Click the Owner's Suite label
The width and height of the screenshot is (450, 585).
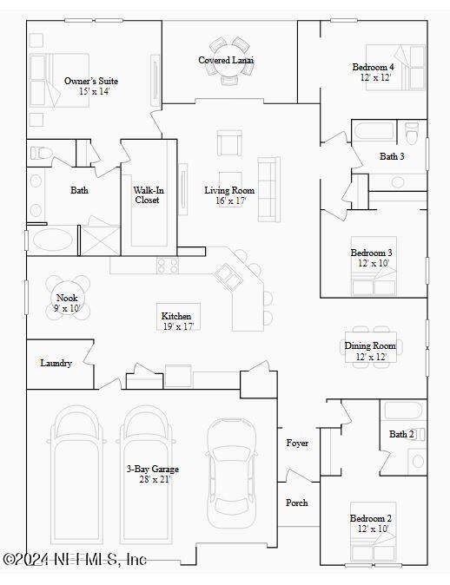point(91,81)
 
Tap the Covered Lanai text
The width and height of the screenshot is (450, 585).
point(226,60)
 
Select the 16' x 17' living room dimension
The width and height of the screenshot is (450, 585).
point(230,200)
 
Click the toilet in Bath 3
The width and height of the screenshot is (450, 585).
point(412,133)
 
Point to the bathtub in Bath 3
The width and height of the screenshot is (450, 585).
point(374,131)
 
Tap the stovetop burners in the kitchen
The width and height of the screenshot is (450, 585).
point(168,266)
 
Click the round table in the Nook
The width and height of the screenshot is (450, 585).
point(68,298)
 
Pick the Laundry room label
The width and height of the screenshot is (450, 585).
point(56,363)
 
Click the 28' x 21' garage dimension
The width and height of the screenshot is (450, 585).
point(155,479)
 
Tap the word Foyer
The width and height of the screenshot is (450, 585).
point(297,444)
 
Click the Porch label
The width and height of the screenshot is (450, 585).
point(297,503)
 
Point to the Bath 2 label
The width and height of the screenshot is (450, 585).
point(401,434)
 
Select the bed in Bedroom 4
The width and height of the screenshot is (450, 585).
point(395,68)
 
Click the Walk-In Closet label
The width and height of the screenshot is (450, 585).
point(149,195)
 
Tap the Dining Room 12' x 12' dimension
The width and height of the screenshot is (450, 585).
point(370,357)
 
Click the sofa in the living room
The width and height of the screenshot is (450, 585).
point(269,189)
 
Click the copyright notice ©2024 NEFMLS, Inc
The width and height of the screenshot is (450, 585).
point(75,559)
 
